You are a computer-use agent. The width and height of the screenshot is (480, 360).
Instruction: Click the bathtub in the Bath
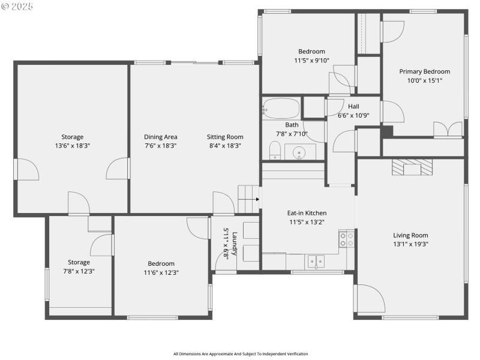coord(281,109)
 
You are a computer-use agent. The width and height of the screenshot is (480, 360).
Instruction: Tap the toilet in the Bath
coord(275,150)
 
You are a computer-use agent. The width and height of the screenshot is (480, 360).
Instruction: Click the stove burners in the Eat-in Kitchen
coord(346,239)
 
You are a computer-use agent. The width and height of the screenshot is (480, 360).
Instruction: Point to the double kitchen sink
coord(316,261)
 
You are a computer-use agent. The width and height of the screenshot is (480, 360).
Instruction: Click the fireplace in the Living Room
coord(412,166)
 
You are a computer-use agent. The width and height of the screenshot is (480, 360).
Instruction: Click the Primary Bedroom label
coord(424,71)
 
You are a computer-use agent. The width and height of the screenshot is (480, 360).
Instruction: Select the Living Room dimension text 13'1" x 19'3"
coord(410,244)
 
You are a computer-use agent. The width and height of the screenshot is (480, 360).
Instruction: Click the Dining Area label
coord(160,137)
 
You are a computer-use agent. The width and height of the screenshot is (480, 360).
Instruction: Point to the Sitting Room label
coord(225,137)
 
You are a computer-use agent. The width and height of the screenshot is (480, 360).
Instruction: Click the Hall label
coord(353,106)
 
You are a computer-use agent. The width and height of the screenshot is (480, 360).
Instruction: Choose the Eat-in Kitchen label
coord(307,213)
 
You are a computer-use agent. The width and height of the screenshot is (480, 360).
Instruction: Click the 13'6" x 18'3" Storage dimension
coord(72,145)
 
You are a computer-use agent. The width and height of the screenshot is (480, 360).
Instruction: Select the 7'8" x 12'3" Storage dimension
coord(79,271)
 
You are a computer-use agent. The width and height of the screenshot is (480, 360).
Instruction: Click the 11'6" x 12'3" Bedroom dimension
coord(161,272)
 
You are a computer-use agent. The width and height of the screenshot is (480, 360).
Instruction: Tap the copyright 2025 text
coord(17,6)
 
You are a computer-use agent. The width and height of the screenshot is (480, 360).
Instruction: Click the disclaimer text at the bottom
coord(240,353)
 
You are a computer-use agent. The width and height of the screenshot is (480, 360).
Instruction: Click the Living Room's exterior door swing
coord(369,298)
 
